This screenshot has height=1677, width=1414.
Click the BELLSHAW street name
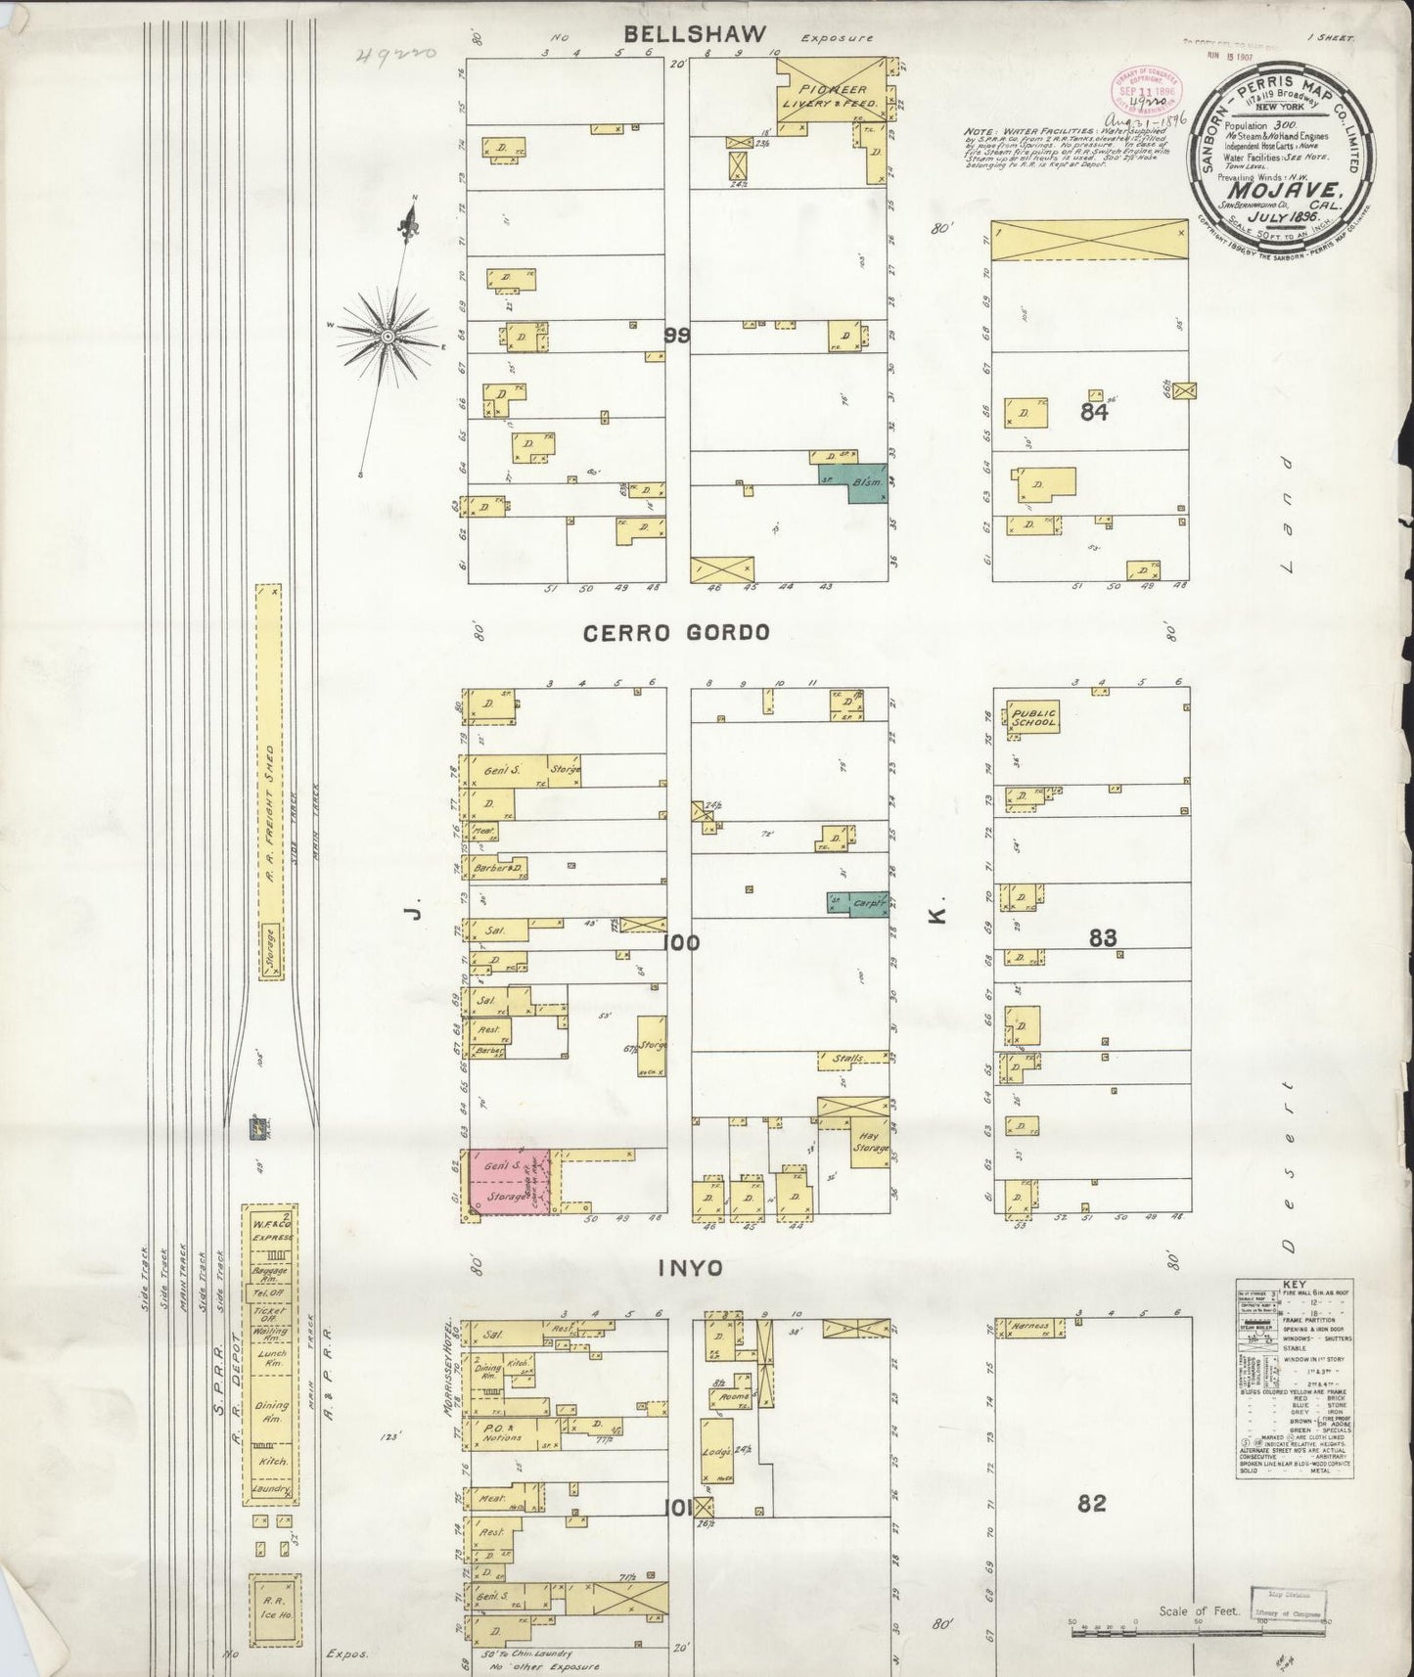pos(695,34)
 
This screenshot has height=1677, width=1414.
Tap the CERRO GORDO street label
pos(675,633)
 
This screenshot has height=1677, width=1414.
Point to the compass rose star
pos(388,336)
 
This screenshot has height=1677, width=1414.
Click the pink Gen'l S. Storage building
pos(507,1183)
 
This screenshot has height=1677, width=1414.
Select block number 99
pos(675,336)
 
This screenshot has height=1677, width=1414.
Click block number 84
pos(1094,413)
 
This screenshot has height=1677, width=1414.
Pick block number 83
pos(1103,938)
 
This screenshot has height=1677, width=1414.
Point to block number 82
pos(1091,1503)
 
